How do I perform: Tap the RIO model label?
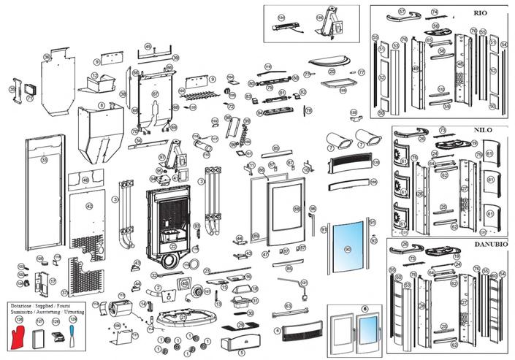click(480, 14)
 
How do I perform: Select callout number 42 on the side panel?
click(90, 207)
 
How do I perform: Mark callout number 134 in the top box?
click(281, 15)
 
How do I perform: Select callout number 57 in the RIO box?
click(401, 12)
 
